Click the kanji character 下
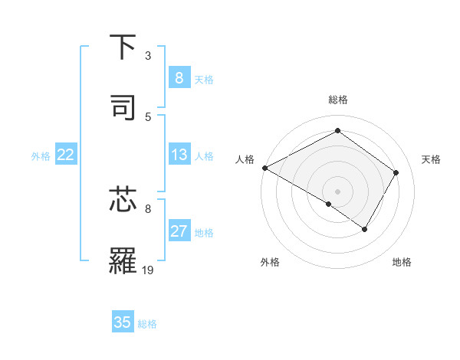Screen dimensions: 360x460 click(x=123, y=47)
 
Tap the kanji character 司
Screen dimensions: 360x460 click(x=123, y=106)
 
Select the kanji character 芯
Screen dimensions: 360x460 click(x=123, y=200)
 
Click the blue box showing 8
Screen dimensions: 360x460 click(x=179, y=78)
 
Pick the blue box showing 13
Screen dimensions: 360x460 click(x=179, y=155)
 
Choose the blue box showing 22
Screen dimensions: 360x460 click(x=65, y=155)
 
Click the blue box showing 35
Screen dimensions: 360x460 click(x=123, y=322)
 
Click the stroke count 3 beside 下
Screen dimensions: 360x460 click(x=148, y=56)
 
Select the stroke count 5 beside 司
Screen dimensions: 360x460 click(x=148, y=116)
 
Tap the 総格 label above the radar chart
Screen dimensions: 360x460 click(x=337, y=100)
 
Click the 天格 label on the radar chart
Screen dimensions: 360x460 click(x=431, y=159)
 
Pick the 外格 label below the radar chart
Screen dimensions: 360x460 click(x=270, y=263)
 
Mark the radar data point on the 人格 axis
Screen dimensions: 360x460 click(x=264, y=168)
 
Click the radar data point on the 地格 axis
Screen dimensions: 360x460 click(x=365, y=229)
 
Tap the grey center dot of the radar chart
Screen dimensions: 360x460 click(x=337, y=191)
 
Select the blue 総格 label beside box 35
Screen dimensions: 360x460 click(x=147, y=324)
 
